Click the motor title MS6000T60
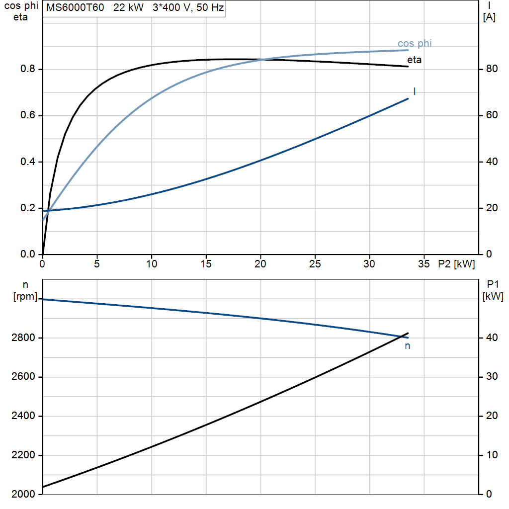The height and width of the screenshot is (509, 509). point(75,7)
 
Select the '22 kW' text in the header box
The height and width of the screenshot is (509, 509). point(128,7)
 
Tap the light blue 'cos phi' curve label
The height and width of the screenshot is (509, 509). point(415,44)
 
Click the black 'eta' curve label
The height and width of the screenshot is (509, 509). point(414,60)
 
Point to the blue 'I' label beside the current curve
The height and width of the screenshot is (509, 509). point(415,91)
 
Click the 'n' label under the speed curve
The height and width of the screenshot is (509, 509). point(408,346)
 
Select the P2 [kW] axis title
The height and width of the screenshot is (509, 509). point(456,264)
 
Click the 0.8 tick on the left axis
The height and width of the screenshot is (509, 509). point(28,69)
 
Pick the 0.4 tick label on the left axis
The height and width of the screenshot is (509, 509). point(28,162)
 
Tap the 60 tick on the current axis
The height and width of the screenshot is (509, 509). point(492,115)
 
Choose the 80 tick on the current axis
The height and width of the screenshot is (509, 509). point(492,69)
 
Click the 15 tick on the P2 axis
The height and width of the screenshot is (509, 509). point(206,264)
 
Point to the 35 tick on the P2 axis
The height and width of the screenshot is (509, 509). point(424,264)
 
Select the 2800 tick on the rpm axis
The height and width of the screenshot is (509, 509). point(23,338)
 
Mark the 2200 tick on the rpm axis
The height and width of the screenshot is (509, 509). point(23,455)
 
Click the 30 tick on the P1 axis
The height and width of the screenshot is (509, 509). point(492,376)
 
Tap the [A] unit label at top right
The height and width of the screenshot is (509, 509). point(489,17)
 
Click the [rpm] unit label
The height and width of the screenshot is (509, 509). point(25,296)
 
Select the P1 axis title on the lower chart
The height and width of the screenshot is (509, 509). point(493,285)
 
